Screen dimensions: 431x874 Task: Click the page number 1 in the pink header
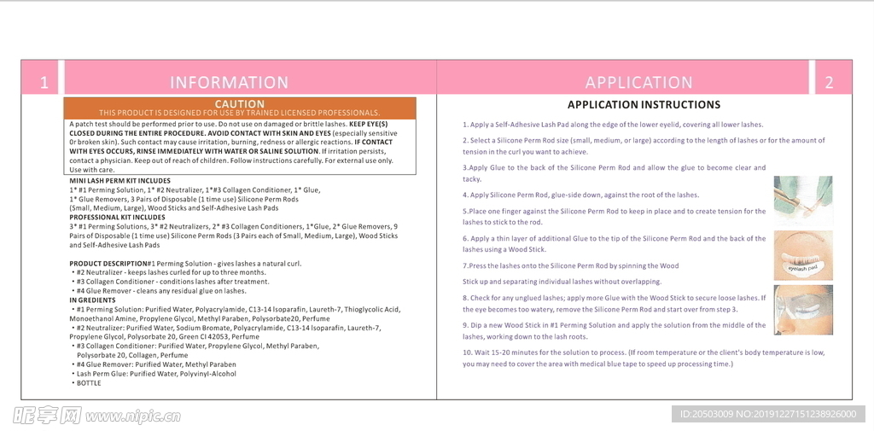(x=44, y=83)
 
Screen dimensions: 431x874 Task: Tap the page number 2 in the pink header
(x=829, y=83)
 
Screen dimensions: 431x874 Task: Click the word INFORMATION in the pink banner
(x=229, y=83)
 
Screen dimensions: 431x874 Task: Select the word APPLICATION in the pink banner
(x=638, y=83)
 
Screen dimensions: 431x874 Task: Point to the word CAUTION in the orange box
(x=239, y=104)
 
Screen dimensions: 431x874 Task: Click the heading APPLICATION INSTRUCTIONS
(x=644, y=105)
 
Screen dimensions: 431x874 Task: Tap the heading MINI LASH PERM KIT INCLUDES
(x=119, y=181)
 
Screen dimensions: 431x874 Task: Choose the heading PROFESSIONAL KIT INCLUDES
(x=117, y=217)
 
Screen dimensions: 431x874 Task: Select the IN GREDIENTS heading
(x=92, y=300)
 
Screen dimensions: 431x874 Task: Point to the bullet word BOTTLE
(x=88, y=383)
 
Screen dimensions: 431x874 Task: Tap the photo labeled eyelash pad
(x=802, y=255)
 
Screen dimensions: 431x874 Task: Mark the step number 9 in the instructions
(x=465, y=325)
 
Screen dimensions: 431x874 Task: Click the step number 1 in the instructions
(x=465, y=125)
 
